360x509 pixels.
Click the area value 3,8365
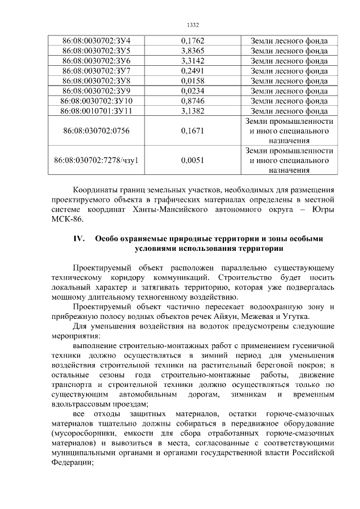[x=193, y=51]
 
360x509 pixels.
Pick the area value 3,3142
[x=193, y=61]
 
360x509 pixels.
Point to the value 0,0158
[x=193, y=81]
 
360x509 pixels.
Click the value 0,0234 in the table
[x=193, y=91]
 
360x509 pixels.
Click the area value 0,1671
[x=193, y=131]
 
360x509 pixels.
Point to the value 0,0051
[x=193, y=160]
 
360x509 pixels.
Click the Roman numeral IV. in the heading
[x=78, y=238]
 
